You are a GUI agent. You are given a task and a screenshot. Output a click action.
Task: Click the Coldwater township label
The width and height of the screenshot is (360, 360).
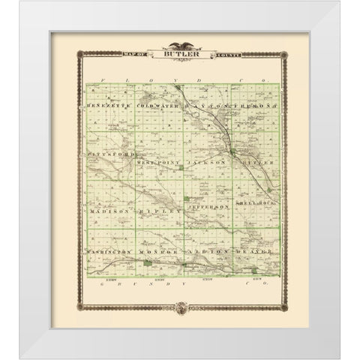pos(157,107)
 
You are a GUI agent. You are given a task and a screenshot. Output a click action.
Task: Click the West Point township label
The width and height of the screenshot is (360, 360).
pos(159,161)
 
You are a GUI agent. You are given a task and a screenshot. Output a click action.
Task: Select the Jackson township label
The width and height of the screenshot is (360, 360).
pos(208,161)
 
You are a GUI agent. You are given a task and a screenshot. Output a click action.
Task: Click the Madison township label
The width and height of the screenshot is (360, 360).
pos(110,212)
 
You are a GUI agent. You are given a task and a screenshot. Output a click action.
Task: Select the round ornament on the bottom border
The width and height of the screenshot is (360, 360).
pos(180,307)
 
